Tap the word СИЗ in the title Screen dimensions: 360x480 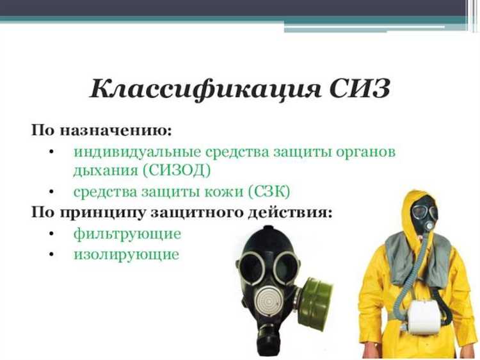359,89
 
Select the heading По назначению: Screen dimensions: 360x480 102,130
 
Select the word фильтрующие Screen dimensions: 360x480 127,234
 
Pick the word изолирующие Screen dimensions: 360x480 126,254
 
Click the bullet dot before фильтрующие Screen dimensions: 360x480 51,234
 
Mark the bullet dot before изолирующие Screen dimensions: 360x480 51,254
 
